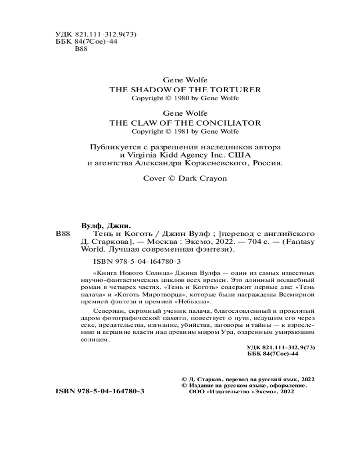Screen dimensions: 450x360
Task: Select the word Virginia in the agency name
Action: [x=144, y=155]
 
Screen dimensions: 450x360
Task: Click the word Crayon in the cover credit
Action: [x=214, y=178]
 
